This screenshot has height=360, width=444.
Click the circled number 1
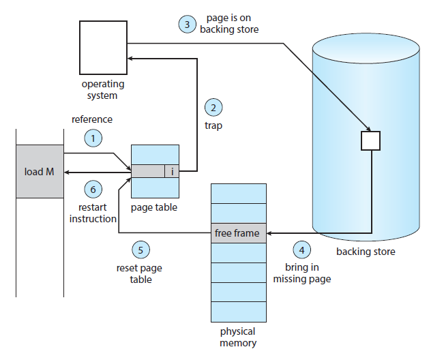(x=93, y=138)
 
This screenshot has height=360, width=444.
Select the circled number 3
(x=187, y=25)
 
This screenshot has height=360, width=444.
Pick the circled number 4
(x=302, y=249)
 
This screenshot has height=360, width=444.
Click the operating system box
(x=103, y=48)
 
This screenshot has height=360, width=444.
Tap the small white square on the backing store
(x=370, y=140)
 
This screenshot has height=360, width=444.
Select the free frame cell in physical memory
(x=237, y=233)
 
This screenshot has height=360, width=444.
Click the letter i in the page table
(x=172, y=172)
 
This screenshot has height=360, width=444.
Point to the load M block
(x=40, y=172)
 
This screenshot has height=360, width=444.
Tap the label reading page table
(x=155, y=207)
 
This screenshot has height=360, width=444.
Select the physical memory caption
(x=237, y=337)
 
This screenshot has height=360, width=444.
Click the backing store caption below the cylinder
(x=365, y=252)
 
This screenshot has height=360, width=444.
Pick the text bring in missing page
(x=301, y=273)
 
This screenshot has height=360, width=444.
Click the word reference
(x=92, y=119)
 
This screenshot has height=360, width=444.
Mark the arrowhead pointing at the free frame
(x=267, y=233)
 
